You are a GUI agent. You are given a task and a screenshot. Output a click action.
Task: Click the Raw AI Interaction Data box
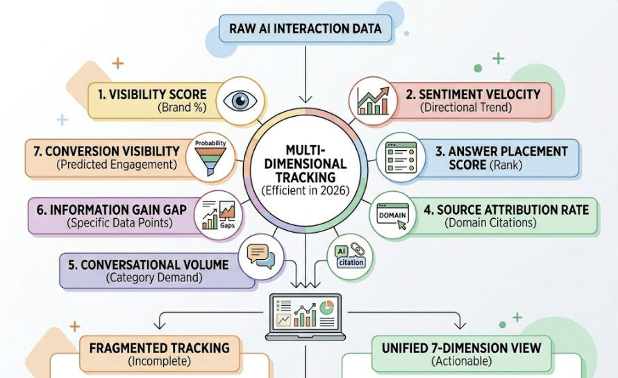click(306, 29)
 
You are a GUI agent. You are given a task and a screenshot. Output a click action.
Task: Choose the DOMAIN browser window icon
click(392, 216)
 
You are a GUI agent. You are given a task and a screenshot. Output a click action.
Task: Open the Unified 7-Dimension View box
click(461, 353)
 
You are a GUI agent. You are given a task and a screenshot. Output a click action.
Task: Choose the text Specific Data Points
click(118, 223)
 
